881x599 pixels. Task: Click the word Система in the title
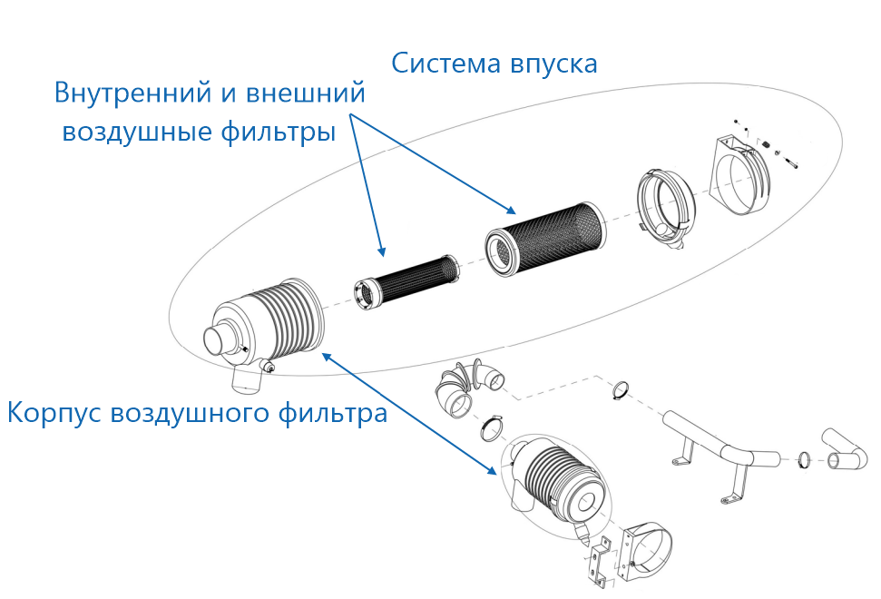440,64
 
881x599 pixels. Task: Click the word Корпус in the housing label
54,414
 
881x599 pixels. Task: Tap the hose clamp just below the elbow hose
488,427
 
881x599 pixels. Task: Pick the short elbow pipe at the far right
843,449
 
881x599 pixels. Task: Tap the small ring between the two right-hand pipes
803,461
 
